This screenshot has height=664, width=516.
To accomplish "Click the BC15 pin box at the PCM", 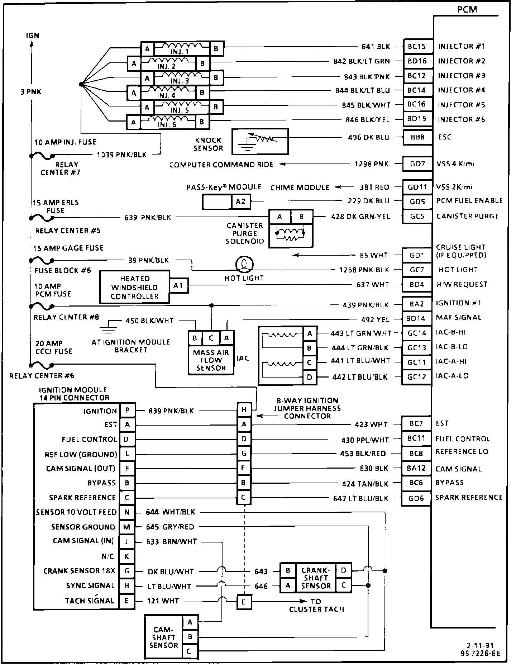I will tap(417, 46).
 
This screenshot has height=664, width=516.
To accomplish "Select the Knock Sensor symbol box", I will tap(260, 142).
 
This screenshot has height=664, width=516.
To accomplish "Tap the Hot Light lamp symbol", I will tap(244, 264).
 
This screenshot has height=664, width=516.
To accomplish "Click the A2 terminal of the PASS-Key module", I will tap(241, 201).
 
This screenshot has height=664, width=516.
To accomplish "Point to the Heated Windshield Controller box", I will tap(134, 287).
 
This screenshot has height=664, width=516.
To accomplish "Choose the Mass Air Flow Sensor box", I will tap(211, 360).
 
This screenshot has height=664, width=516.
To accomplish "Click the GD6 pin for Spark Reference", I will tap(416, 498).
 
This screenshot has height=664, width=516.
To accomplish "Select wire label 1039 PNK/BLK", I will tap(122, 155).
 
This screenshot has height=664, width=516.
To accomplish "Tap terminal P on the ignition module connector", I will tap(127, 411).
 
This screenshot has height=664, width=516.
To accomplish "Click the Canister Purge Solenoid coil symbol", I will tap(291, 233).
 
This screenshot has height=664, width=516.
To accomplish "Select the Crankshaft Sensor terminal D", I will tap(344, 570).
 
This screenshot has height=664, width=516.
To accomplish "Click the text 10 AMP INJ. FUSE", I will tap(65, 142).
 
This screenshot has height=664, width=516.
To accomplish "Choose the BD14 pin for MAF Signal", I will tap(416, 318).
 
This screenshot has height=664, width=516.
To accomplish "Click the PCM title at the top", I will tap(467, 10).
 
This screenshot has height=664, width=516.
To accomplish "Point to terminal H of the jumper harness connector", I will tap(244, 410).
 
